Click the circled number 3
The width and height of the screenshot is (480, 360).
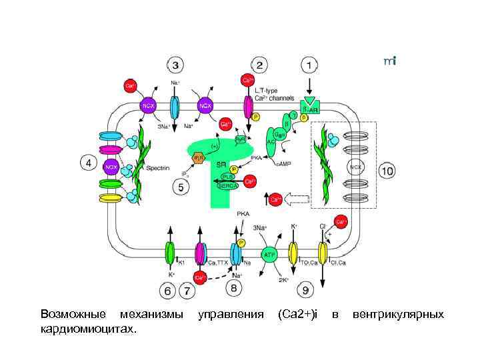[x=175, y=65]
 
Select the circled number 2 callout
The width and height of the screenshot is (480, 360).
[x=260, y=65]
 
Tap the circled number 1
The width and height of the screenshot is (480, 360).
[x=309, y=65]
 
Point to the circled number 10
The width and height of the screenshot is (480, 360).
[x=387, y=171]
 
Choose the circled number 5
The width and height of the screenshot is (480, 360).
[x=180, y=188]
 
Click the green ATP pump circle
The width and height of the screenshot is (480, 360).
[x=269, y=254]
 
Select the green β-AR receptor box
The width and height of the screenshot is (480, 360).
[x=309, y=107]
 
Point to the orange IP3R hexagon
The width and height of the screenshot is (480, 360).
[x=199, y=157]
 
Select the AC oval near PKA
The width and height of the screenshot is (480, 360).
[x=273, y=142]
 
